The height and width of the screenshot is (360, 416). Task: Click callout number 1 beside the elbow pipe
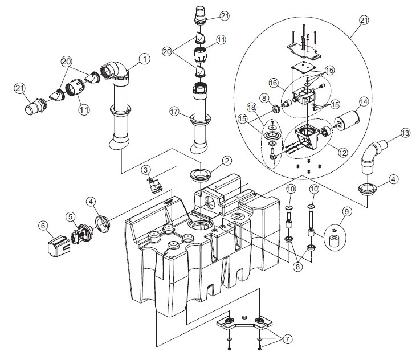click(x=144, y=58)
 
